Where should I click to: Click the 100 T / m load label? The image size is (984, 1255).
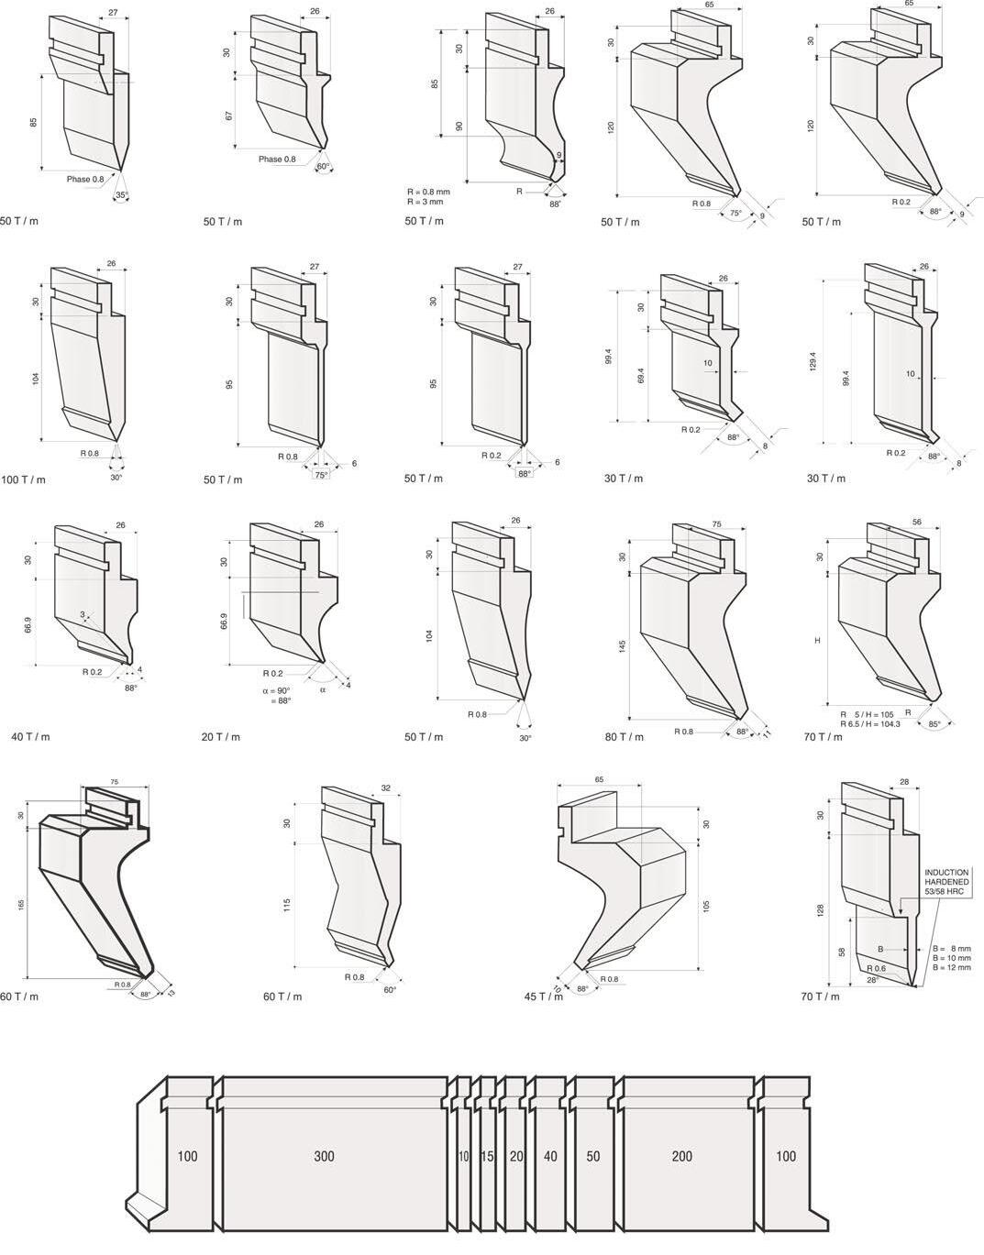[23, 479]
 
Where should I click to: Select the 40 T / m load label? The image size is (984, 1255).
[30, 737]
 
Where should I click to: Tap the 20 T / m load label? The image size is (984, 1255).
[220, 737]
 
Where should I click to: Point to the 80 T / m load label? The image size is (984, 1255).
[624, 737]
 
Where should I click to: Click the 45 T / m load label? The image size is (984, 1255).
[543, 996]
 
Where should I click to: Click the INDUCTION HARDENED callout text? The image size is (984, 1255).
[946, 882]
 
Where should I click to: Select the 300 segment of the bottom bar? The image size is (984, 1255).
[324, 1157]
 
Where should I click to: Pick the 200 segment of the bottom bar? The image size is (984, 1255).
[681, 1157]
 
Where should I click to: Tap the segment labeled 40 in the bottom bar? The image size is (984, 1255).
[549, 1157]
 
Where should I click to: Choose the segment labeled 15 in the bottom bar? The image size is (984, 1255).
[487, 1157]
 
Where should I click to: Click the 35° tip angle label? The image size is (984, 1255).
[120, 195]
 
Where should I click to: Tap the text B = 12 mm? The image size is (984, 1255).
[950, 967]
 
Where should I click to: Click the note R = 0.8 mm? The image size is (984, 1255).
[428, 192]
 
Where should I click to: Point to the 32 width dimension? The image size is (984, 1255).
[385, 787]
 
